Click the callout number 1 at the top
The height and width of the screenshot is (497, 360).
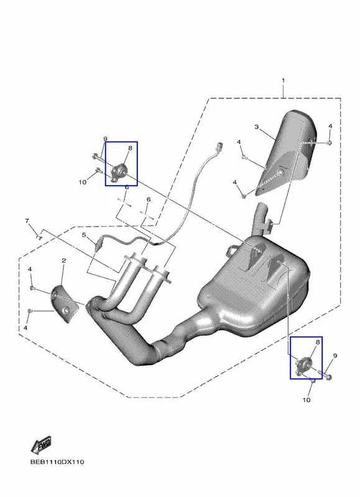click(x=284, y=81)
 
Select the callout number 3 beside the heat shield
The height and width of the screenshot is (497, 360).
click(x=256, y=127)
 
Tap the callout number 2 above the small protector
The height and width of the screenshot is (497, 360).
click(x=64, y=260)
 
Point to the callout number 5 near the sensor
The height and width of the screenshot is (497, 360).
click(x=84, y=235)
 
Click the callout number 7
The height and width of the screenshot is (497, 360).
click(x=27, y=221)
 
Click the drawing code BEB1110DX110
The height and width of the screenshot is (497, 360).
click(x=57, y=462)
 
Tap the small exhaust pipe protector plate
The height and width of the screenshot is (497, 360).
click(x=67, y=304)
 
